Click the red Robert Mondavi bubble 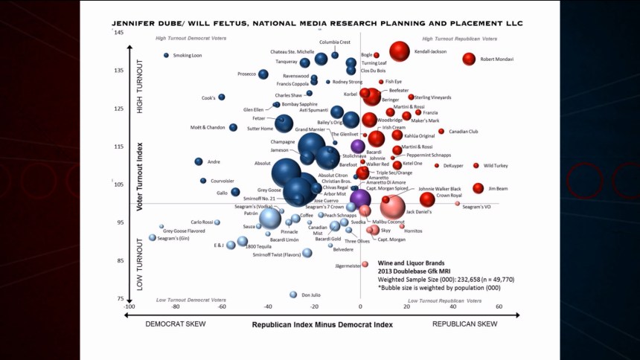coord(469,59)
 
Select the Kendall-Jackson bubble coord(400,51)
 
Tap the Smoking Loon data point coord(167,55)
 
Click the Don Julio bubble coord(293,295)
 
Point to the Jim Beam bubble coord(479,188)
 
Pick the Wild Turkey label coord(496,166)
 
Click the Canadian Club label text coord(463,132)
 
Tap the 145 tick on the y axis coord(119,32)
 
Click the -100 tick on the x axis coord(129,306)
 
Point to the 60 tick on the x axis coord(499,306)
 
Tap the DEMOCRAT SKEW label coord(176,325)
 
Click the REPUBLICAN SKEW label coord(464,325)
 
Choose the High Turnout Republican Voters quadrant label coord(460,38)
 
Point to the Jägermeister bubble coord(365,264)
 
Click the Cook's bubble coord(221,97)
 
